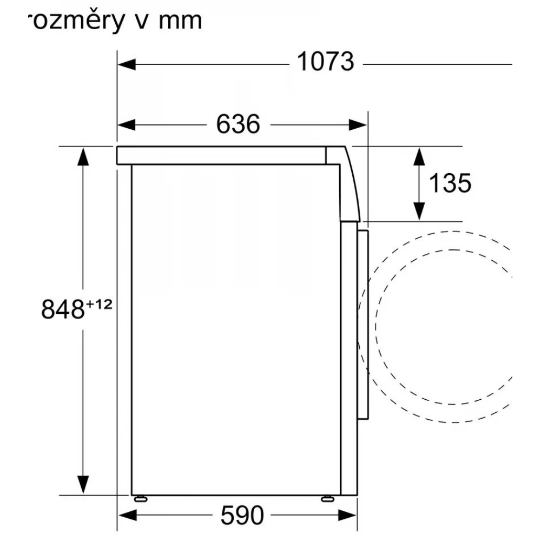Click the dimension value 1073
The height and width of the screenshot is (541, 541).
click(325, 62)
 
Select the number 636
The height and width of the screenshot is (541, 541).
click(238, 124)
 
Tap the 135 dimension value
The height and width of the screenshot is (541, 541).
click(450, 183)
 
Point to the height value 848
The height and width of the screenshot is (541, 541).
click(63, 309)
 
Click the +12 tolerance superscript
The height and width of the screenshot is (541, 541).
click(100, 304)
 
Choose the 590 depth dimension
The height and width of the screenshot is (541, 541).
click(242, 516)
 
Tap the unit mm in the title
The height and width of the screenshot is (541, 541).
click(180, 22)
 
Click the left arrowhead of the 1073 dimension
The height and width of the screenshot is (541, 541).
click(126, 64)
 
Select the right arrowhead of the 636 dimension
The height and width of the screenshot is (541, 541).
click(358, 125)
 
